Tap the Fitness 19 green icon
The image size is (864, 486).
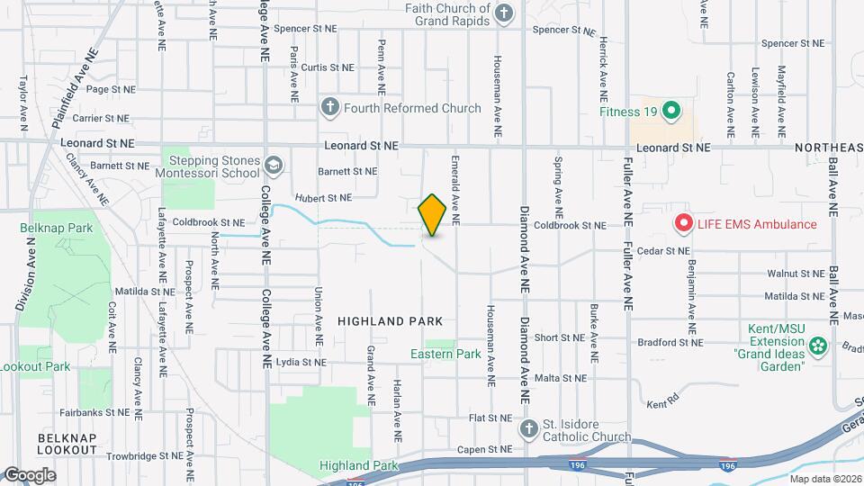coord(670,112)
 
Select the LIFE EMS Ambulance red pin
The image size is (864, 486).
coord(683,224)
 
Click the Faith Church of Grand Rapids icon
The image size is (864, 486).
coord(504,13)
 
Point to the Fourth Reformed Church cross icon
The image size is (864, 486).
coord(330,109)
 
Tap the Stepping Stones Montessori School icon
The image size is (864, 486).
coord(273,166)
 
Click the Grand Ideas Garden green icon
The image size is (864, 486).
coord(818,345)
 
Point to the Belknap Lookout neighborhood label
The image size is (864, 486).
coord(67,443)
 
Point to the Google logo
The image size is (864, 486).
coord(29,474)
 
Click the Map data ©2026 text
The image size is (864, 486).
coord(825,479)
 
